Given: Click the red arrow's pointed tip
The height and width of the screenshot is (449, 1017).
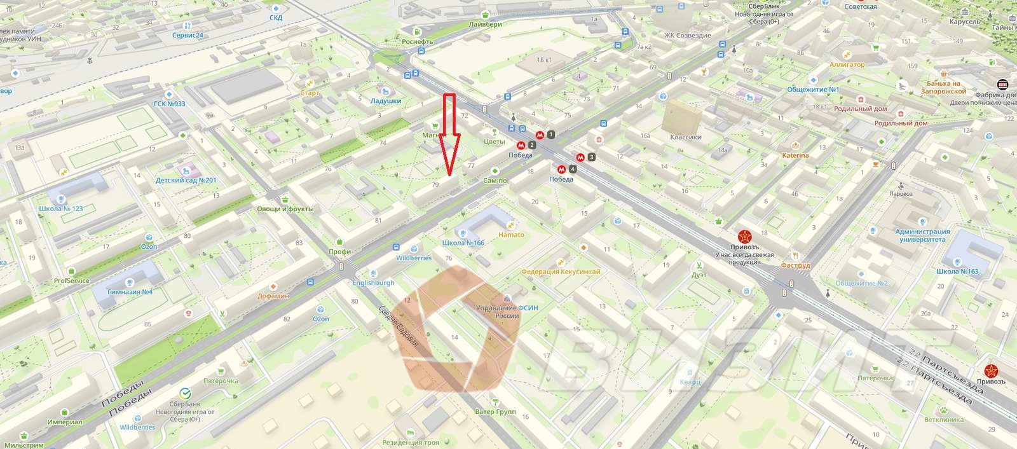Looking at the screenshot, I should [449, 173].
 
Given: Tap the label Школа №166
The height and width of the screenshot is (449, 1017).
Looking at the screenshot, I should [463, 243].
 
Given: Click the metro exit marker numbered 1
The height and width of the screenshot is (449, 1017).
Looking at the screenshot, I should [550, 134].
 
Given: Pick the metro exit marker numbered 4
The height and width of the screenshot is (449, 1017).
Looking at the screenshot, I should [573, 169].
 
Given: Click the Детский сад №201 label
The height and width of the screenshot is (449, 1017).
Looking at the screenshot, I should [186, 180].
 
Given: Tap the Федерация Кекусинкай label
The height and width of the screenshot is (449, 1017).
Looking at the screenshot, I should [560, 272].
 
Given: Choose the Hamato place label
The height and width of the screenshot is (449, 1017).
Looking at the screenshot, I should [511, 235].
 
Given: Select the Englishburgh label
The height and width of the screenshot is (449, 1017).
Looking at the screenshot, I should [372, 283].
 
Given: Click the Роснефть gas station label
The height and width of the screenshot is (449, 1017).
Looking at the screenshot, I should [418, 41].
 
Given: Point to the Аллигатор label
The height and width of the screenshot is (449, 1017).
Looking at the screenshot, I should [847, 65].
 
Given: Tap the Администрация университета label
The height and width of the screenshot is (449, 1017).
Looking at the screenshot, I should [922, 236].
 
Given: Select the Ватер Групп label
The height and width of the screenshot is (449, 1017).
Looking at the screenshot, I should [495, 411].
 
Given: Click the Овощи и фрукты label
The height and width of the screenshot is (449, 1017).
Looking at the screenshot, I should [285, 209].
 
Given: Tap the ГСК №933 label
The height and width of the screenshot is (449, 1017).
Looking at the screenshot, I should [170, 104].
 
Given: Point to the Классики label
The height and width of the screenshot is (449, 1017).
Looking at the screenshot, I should [685, 137].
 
